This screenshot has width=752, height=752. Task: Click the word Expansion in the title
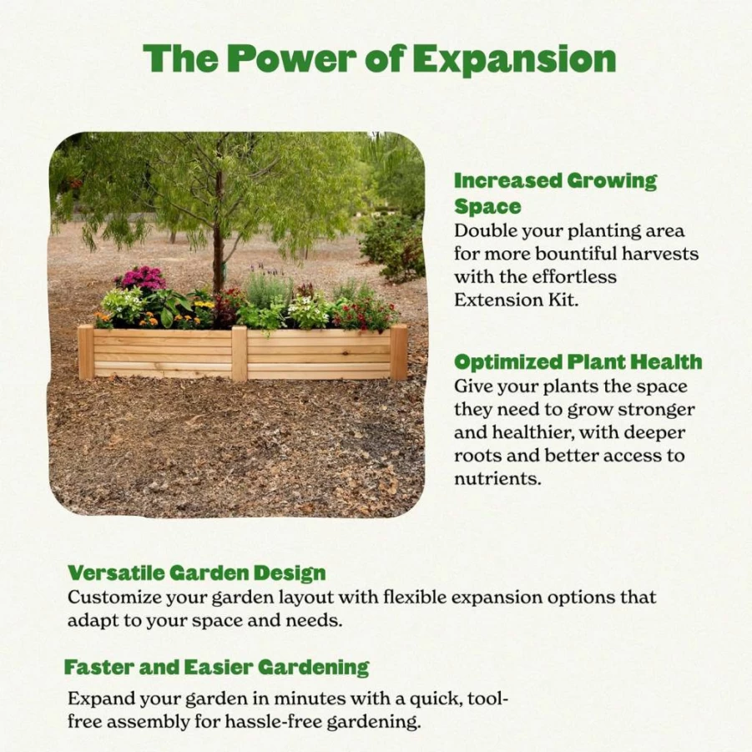coord(514,60)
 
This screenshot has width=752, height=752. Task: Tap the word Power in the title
coord(292,59)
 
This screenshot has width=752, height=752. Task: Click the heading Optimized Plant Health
coord(578,362)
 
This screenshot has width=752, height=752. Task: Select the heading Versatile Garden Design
coord(197,573)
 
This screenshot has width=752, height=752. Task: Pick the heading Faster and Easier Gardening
coord(217,667)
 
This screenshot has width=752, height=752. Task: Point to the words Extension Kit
coord(516,300)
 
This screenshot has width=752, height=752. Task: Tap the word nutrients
coord(497,478)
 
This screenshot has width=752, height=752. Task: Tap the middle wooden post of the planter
coord(239,353)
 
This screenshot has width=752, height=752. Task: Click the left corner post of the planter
coord(86,352)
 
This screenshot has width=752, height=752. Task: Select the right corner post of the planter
coord(399,351)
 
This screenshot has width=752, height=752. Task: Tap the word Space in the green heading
coord(487,207)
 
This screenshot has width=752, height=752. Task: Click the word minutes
coord(310,699)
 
